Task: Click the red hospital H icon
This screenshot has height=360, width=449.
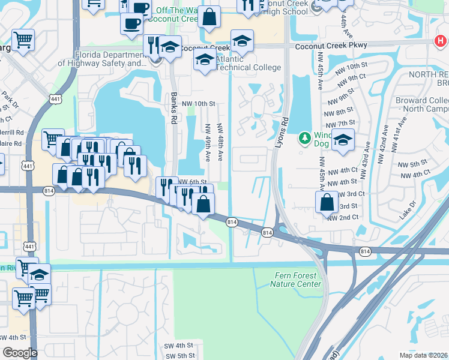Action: [440, 41]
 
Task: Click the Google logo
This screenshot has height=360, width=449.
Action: [19, 352]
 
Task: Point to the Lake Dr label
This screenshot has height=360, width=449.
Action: [408, 210]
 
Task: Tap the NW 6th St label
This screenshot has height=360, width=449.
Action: [192, 182]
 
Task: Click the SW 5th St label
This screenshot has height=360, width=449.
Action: [178, 356]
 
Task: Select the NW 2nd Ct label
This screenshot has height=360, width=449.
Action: [343, 217]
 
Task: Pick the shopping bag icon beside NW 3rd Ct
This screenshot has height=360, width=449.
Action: [327, 201]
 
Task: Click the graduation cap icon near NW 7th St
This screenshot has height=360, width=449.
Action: [343, 139]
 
